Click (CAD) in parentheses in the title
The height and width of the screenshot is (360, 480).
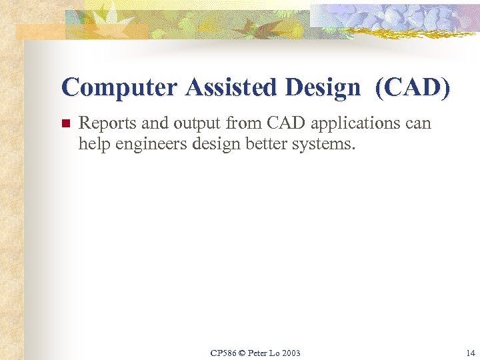click(x=413, y=87)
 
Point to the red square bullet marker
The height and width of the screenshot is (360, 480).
click(x=65, y=124)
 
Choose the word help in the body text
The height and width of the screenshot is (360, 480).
click(x=92, y=143)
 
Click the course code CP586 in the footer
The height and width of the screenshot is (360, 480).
click(x=223, y=353)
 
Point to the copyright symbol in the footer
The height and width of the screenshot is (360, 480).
click(x=242, y=353)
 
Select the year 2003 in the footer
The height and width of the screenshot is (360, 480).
click(x=291, y=353)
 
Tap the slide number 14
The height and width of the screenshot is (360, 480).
click(x=471, y=353)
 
